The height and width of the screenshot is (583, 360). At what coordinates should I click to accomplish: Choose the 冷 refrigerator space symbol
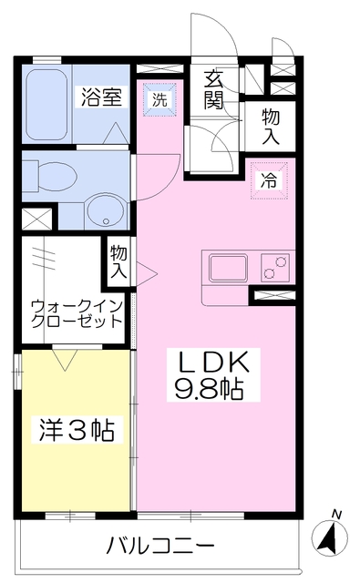[269, 179]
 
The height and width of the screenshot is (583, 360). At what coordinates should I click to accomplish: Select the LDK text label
[219, 364]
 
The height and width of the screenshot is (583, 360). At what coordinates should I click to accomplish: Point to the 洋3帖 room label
[77, 428]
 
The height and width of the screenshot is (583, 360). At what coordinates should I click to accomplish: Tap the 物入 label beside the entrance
[271, 126]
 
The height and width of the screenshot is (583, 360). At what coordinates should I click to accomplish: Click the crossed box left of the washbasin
[37, 220]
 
